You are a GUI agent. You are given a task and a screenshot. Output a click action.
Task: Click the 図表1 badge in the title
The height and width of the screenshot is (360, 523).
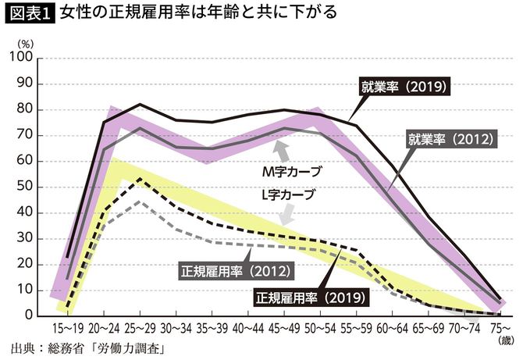28,13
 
